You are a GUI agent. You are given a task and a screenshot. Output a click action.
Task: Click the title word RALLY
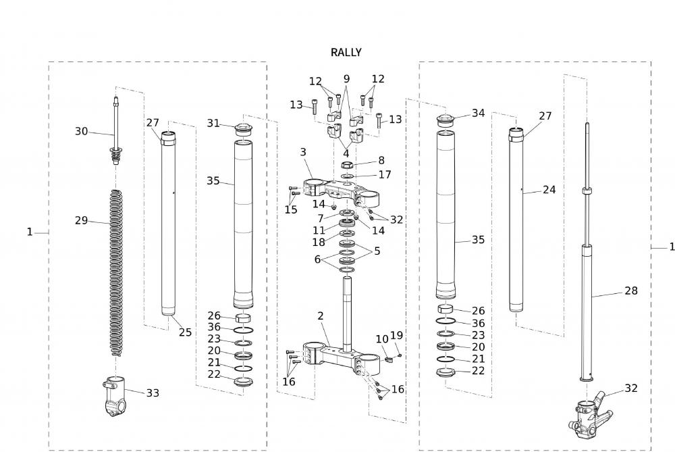[346, 52]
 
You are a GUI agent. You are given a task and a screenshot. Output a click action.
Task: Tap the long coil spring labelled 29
[117, 270]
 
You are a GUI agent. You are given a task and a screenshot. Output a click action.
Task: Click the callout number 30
[81, 131]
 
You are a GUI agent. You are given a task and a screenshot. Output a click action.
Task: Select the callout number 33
[153, 393]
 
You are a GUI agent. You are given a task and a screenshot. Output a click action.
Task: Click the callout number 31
[213, 123]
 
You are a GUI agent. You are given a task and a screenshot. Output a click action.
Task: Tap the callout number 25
[185, 332]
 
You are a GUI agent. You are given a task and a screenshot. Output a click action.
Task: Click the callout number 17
[385, 174]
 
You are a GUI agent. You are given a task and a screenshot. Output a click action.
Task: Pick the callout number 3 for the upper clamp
[304, 153]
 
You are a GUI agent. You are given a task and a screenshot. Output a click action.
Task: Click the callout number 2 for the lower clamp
[321, 316]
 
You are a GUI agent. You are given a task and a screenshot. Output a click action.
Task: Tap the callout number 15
[291, 209]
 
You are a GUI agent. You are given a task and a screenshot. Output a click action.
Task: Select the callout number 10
[382, 338]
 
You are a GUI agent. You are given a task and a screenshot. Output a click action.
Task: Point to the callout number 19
[396, 334]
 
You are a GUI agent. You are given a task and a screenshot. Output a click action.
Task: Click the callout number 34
[478, 113]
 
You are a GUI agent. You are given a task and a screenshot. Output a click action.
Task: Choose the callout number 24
[549, 190]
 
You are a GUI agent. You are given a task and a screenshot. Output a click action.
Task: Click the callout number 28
[630, 291]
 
